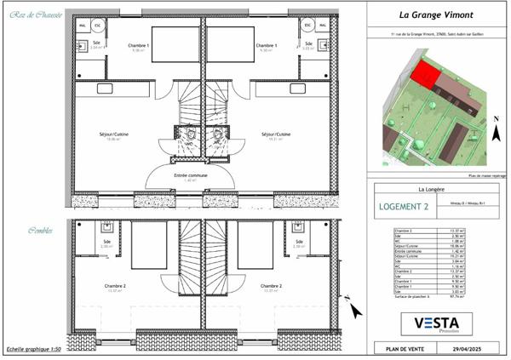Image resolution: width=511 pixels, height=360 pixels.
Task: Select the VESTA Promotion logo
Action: click(x=436, y=323)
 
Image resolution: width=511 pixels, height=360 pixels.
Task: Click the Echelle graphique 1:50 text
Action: click(x=34, y=350)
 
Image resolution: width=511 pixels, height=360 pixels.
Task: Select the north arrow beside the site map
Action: click(x=496, y=130)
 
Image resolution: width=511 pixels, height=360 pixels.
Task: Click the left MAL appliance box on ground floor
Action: click(x=83, y=26)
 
